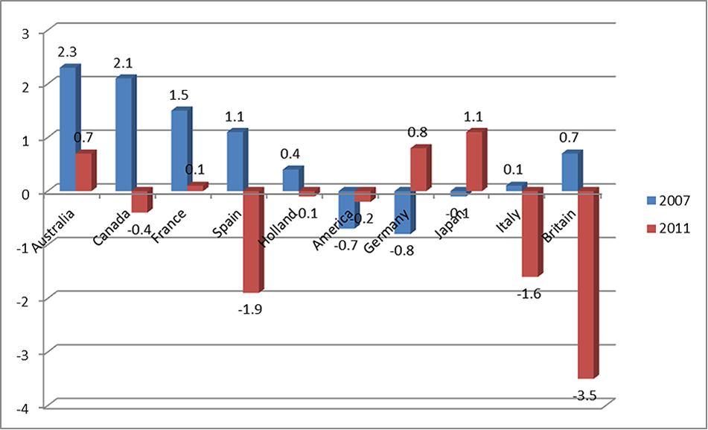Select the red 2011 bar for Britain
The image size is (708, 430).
tap(587, 283)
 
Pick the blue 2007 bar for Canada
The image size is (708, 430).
tap(124, 135)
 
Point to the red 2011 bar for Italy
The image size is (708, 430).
tap(531, 233)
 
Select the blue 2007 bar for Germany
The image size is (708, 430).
tap(403, 213)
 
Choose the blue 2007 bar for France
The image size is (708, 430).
tap(179, 151)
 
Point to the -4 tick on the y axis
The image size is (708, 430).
tap(27, 407)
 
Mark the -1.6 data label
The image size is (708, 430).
tap(528, 294)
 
